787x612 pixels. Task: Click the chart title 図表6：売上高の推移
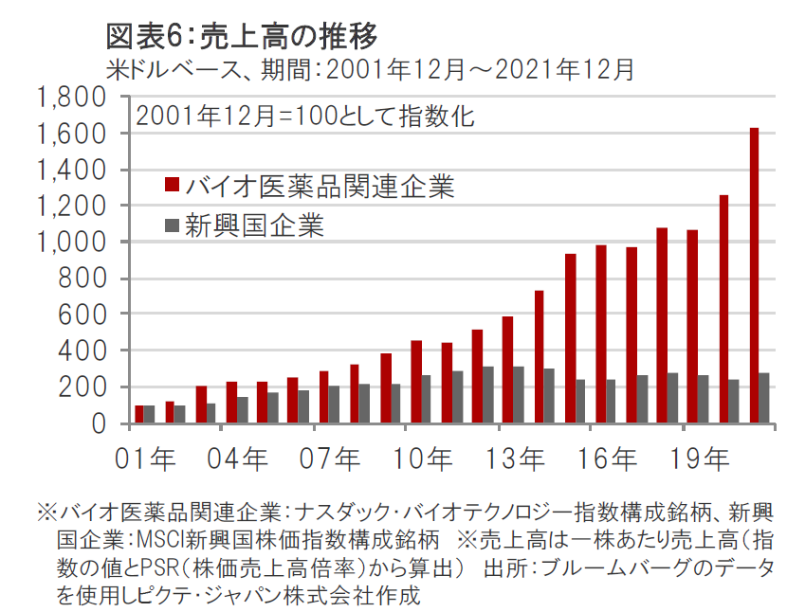(x=243, y=36)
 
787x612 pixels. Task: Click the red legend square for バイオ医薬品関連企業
(x=171, y=184)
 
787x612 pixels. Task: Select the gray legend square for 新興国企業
(x=171, y=225)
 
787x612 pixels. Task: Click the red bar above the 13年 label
(x=507, y=370)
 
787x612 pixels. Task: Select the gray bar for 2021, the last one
(x=764, y=398)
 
